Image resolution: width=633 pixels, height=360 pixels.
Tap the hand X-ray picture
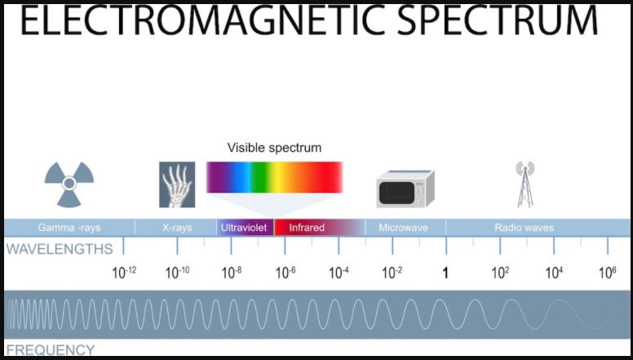(177, 184)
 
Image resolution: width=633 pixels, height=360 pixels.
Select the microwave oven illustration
(405, 189)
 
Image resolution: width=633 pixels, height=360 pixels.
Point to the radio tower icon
(525, 184)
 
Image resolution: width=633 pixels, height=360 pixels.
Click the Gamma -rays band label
(69, 228)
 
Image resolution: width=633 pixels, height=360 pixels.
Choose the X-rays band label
(177, 228)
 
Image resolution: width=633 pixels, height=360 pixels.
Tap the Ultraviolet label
(244, 228)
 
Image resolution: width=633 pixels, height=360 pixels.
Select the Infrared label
(307, 228)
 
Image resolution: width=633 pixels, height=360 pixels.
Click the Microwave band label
(403, 228)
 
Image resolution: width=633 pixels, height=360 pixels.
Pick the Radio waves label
(524, 228)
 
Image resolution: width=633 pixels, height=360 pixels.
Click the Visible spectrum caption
(275, 148)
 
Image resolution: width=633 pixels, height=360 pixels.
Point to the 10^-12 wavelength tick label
(124, 273)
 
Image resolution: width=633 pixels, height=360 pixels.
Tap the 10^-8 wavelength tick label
(232, 273)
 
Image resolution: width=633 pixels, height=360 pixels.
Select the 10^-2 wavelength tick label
(392, 273)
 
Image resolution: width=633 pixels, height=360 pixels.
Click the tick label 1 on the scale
(445, 273)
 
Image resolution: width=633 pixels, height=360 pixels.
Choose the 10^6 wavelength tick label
(608, 273)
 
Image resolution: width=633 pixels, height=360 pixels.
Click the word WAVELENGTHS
(60, 249)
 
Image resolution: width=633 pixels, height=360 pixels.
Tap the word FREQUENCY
(51, 350)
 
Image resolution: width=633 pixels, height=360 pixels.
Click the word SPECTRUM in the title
(498, 20)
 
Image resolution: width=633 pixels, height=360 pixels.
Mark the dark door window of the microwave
(396, 193)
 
